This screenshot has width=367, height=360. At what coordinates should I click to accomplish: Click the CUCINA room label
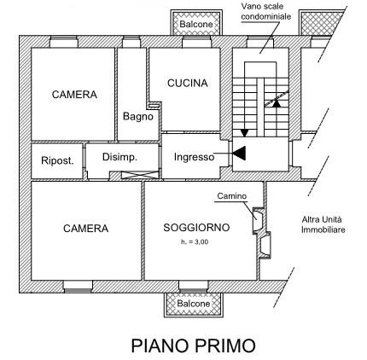click(x=188, y=83)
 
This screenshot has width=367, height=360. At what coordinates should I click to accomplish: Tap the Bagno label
click(x=138, y=116)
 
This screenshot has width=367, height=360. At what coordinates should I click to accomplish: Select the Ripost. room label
click(x=57, y=160)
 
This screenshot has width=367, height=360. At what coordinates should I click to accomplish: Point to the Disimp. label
click(x=119, y=157)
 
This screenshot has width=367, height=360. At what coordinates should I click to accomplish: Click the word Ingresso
click(x=195, y=157)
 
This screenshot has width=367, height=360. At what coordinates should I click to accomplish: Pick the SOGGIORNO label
click(x=196, y=228)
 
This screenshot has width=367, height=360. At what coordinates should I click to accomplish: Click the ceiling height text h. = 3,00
click(x=195, y=242)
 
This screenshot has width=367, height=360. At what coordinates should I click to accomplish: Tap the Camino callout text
click(x=232, y=196)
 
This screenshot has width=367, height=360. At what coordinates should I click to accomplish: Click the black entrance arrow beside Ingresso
click(x=239, y=154)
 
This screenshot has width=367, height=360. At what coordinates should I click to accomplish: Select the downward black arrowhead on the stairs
click(x=244, y=133)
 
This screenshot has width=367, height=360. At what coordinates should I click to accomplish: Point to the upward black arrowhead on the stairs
click(x=277, y=103)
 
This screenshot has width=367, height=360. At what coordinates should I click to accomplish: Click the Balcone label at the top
click(x=196, y=24)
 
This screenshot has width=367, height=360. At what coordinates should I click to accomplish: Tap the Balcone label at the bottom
click(x=194, y=304)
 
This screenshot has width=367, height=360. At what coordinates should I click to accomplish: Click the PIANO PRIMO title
click(x=194, y=345)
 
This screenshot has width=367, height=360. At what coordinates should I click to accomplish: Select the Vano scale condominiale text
click(x=266, y=11)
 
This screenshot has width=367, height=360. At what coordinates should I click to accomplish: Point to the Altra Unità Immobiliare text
click(x=323, y=224)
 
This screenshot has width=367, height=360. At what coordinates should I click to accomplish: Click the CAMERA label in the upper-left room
click(x=74, y=95)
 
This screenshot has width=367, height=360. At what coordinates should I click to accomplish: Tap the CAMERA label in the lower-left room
click(x=86, y=229)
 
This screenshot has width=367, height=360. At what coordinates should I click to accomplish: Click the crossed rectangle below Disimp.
click(x=140, y=175)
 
